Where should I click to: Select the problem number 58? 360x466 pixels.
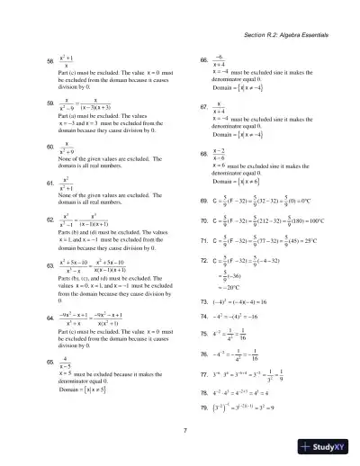[x=50, y=60]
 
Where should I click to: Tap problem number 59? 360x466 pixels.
[x=50, y=102]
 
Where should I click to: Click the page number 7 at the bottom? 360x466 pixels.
[x=184, y=430]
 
